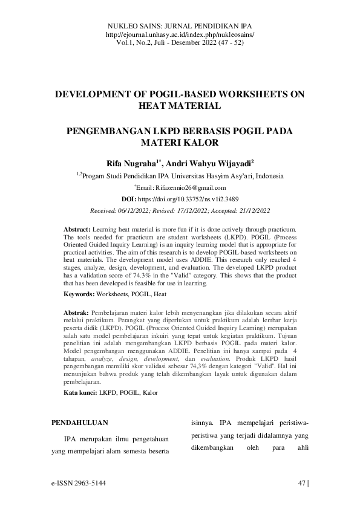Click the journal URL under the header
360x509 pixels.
point(180,35)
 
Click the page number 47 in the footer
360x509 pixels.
point(302,483)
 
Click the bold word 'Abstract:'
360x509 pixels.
point(77,230)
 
